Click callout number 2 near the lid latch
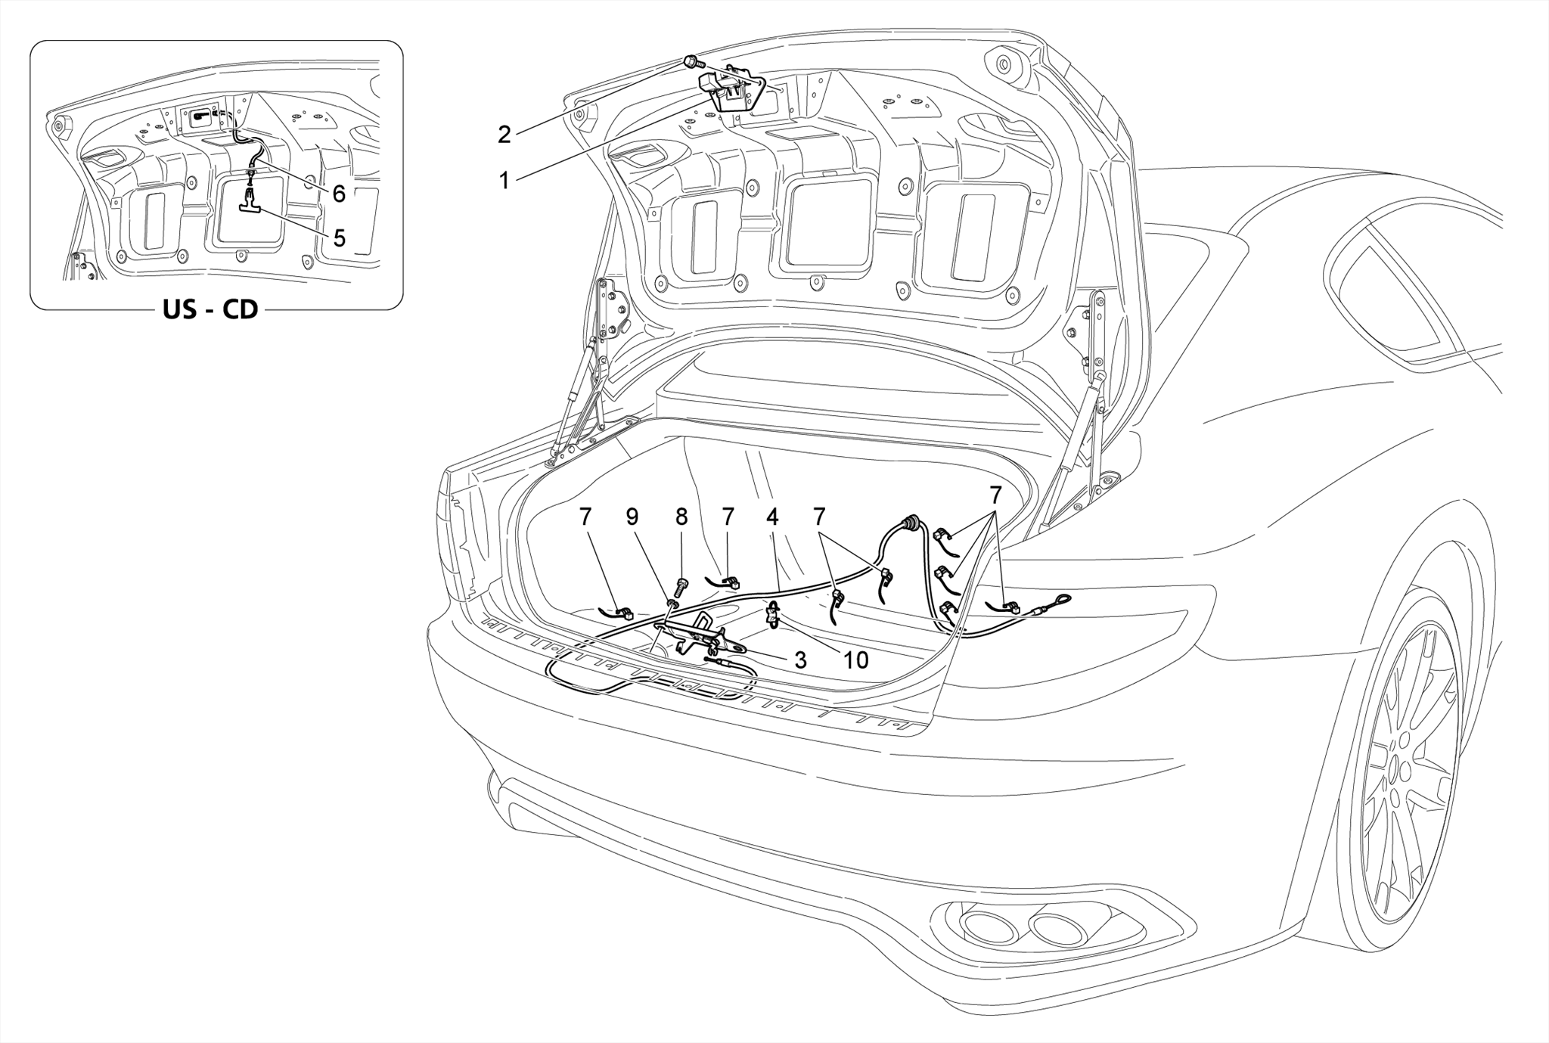click(x=504, y=135)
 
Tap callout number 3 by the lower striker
click(x=800, y=660)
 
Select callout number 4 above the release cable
click(x=772, y=517)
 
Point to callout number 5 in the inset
click(x=340, y=238)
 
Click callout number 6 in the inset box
click(x=339, y=194)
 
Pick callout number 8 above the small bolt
click(x=681, y=517)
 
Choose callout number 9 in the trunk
click(x=632, y=517)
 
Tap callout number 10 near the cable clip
click(x=856, y=660)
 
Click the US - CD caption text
click(x=210, y=309)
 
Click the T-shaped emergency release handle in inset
click(x=249, y=222)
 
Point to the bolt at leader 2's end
click(x=691, y=61)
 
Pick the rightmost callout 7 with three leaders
click(x=996, y=495)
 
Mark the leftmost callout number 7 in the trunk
click(x=585, y=517)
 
